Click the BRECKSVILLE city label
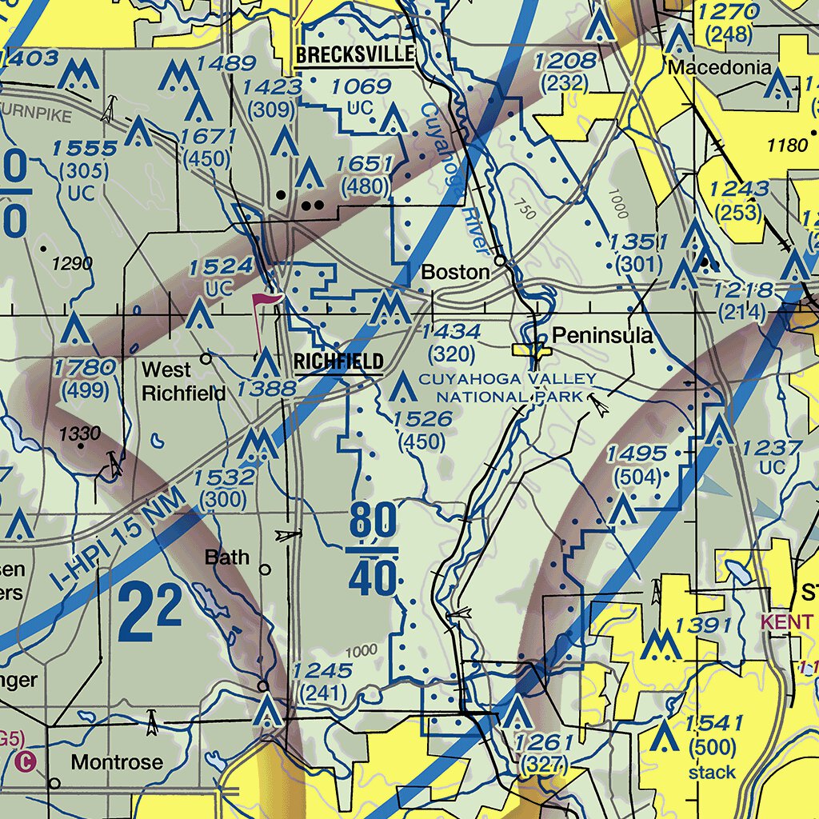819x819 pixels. (x=355, y=55)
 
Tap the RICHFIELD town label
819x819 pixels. (x=338, y=362)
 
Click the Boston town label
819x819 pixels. (x=455, y=272)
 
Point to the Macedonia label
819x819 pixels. (x=719, y=68)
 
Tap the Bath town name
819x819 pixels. (x=227, y=557)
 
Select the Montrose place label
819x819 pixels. (x=117, y=761)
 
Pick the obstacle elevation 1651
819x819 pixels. (x=364, y=166)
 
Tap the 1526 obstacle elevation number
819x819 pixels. (x=423, y=419)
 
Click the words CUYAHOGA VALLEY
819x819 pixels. (x=507, y=378)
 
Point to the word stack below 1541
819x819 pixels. (x=712, y=772)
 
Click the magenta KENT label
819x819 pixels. (x=787, y=621)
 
